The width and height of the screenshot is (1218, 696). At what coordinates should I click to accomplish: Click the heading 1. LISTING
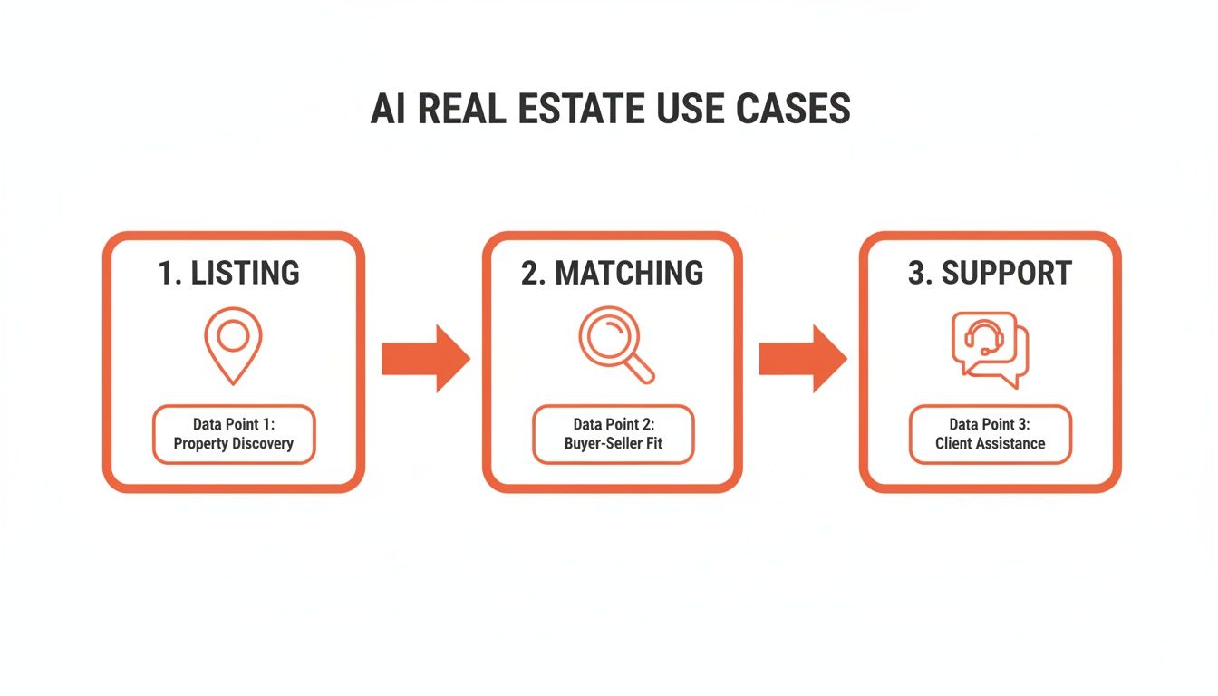228,273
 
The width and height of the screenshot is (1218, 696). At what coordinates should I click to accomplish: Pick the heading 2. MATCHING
612,273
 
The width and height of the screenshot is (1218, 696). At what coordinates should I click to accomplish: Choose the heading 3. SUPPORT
990,273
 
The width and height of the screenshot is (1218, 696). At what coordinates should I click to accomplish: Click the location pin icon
233,344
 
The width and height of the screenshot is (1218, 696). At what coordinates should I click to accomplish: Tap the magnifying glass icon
614,345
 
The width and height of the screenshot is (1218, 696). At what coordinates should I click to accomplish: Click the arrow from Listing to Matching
425,359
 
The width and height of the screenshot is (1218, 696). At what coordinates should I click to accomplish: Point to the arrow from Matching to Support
802,359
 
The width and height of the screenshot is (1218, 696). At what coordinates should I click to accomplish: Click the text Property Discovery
233,445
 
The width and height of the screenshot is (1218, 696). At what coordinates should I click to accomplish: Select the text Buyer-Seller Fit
614,445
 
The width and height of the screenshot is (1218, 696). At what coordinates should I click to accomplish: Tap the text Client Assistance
990,444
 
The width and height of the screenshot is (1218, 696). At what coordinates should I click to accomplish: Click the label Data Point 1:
233,424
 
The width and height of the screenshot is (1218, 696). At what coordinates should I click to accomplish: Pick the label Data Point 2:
614,424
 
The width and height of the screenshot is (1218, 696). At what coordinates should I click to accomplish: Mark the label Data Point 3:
990,424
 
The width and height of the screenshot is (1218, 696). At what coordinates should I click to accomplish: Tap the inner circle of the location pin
233,335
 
